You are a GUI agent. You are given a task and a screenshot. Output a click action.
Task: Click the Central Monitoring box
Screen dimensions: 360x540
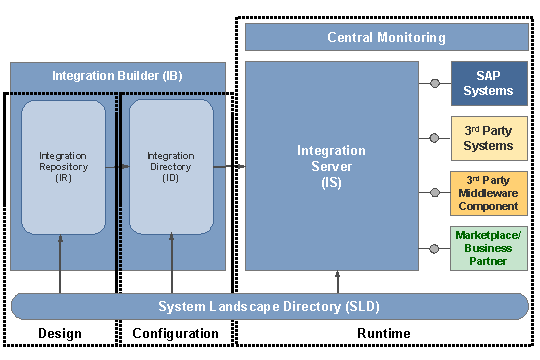coord(386,37)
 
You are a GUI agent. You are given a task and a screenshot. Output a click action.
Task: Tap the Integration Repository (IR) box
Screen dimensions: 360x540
coord(63,167)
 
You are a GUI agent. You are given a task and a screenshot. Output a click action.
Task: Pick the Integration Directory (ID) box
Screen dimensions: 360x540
coord(171,167)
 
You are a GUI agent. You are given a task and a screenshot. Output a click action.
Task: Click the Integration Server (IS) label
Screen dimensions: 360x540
coord(331,166)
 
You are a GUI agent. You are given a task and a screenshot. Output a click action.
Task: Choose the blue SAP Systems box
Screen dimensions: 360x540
coord(489,83)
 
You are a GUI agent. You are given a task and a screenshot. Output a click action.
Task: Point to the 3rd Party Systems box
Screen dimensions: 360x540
coord(489,138)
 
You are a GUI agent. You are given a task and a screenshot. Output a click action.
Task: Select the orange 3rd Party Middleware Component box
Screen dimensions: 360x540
coord(489,192)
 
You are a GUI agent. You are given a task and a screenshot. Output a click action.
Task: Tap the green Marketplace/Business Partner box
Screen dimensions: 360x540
coord(489,248)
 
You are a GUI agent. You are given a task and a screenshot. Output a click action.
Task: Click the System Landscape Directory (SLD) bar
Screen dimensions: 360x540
coord(268,306)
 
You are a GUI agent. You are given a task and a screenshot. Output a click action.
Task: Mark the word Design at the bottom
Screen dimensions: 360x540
coord(59,333)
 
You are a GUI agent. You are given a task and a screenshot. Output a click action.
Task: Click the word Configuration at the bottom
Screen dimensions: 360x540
coord(174,333)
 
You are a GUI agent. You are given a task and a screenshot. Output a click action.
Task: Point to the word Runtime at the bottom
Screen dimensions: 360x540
coord(384,333)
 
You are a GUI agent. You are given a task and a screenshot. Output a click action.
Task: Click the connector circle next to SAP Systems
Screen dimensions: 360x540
coord(435,83)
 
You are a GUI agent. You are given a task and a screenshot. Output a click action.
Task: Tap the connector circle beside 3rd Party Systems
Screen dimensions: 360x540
coord(435,138)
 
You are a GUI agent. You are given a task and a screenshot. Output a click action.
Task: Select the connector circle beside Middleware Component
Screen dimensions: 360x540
coord(435,192)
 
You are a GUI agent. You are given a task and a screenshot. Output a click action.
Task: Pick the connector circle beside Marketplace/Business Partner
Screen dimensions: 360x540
coord(435,247)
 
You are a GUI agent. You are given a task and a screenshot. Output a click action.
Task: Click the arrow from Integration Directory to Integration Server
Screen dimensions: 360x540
coord(230,166)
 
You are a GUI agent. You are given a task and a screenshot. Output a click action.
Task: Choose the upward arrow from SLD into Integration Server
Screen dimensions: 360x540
coord(337,281)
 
